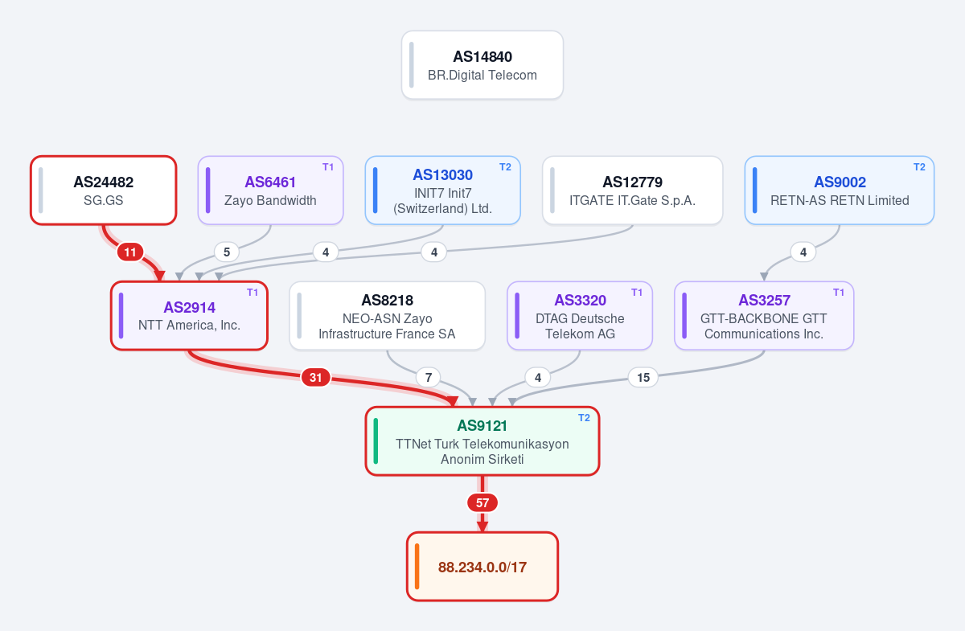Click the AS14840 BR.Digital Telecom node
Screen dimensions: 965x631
coord(482,65)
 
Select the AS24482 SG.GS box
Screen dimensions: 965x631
coord(104,191)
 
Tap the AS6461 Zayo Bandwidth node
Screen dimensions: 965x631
coord(270,191)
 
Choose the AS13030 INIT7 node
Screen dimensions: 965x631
coord(443,191)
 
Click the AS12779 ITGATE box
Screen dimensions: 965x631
coord(632,191)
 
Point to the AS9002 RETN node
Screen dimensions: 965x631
coord(840,191)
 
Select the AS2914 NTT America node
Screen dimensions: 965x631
coord(190,316)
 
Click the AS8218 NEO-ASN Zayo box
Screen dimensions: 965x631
coord(388,316)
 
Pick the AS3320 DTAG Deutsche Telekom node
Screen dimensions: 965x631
coord(580,316)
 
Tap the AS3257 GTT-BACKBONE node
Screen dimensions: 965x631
coord(764,316)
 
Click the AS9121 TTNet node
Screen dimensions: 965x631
coord(482,441)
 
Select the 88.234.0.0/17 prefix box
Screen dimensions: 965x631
coord(482,567)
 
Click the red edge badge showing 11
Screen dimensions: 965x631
coord(130,252)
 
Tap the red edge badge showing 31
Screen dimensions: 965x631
coord(316,378)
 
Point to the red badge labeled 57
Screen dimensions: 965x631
coord(482,502)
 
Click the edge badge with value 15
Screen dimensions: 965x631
coord(643,378)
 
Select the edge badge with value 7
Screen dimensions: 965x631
coord(428,378)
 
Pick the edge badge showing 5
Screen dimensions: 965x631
coord(227,252)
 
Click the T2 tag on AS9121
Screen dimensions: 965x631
coord(584,418)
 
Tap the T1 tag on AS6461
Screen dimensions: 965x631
coord(328,167)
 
